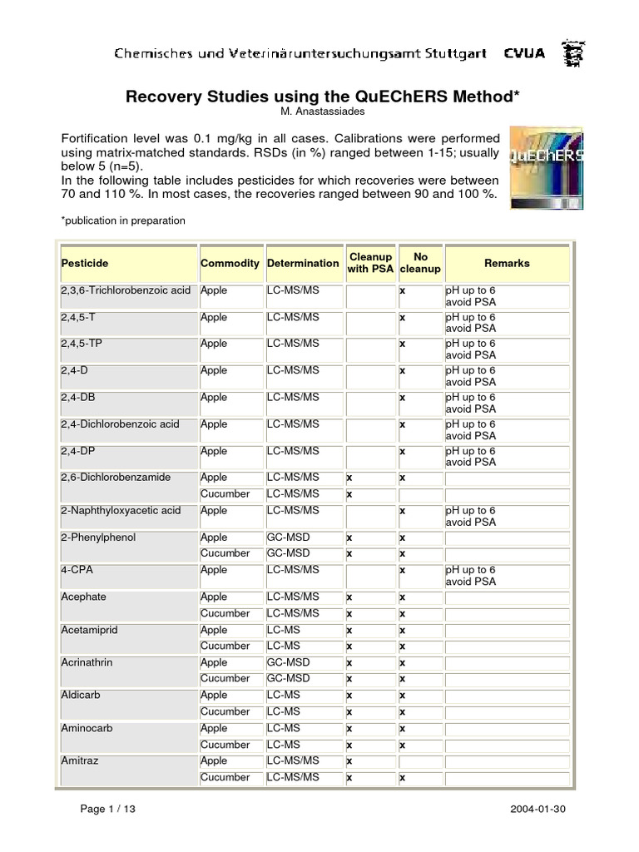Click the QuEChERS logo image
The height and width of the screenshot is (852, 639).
546,167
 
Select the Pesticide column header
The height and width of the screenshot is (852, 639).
85,263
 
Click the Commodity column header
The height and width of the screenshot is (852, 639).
230,263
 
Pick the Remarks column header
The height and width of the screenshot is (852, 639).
507,263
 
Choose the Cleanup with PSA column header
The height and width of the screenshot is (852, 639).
370,263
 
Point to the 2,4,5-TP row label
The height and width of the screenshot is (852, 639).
80,344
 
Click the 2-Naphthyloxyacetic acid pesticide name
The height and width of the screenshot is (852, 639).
121,510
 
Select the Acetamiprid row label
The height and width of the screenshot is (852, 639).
90,630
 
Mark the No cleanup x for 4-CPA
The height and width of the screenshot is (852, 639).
402,570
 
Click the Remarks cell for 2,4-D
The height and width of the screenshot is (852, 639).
507,376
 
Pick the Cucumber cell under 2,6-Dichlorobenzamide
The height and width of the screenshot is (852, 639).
225,493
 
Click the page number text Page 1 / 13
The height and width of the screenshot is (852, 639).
107,809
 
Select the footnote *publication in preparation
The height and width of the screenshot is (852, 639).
123,220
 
